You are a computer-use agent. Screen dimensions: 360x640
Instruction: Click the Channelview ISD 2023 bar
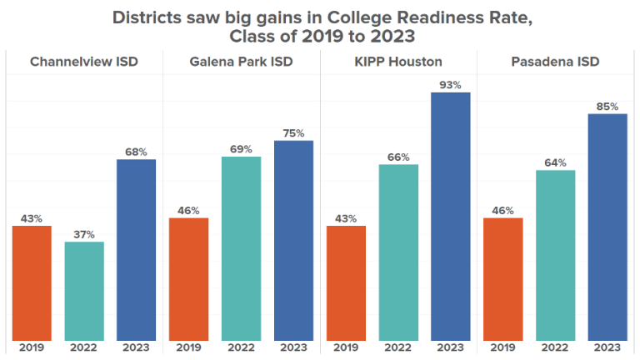(136, 249)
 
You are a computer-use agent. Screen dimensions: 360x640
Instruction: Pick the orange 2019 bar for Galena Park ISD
(188, 278)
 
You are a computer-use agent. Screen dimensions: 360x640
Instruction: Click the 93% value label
(450, 84)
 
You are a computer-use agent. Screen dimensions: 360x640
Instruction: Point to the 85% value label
(607, 106)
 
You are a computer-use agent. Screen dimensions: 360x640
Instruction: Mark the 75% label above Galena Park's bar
(293, 132)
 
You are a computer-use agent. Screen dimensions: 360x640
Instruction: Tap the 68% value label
(136, 152)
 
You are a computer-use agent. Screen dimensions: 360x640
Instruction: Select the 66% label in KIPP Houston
(398, 157)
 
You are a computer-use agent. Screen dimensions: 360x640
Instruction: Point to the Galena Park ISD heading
(241, 62)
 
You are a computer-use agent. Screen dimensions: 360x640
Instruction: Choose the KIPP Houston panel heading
(398, 62)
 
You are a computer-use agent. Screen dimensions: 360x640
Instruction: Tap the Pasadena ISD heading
(556, 62)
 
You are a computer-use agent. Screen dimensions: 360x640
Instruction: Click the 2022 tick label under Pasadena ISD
(555, 347)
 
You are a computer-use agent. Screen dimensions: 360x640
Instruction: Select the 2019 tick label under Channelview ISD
(32, 347)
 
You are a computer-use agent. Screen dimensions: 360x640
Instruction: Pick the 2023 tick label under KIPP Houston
(450, 347)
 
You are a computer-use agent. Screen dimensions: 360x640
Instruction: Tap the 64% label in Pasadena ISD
(555, 162)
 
